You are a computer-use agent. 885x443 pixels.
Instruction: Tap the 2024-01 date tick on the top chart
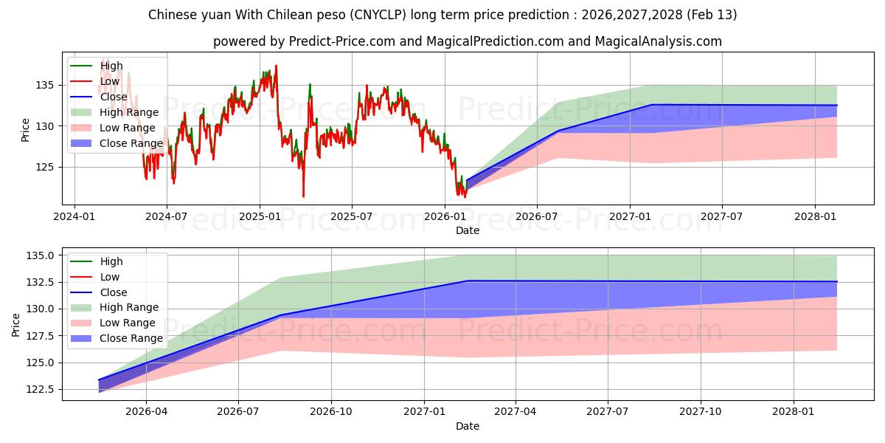click(x=74, y=218)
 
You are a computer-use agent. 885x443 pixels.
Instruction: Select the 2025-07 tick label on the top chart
click(x=351, y=218)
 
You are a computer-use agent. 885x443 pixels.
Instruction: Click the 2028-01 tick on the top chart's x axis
click(x=814, y=218)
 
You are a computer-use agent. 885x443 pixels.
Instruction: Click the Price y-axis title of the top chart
click(x=26, y=130)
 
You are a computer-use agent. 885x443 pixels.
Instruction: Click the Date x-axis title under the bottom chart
click(x=468, y=426)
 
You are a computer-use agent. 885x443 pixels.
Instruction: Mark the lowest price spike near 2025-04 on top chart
click(x=303, y=196)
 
